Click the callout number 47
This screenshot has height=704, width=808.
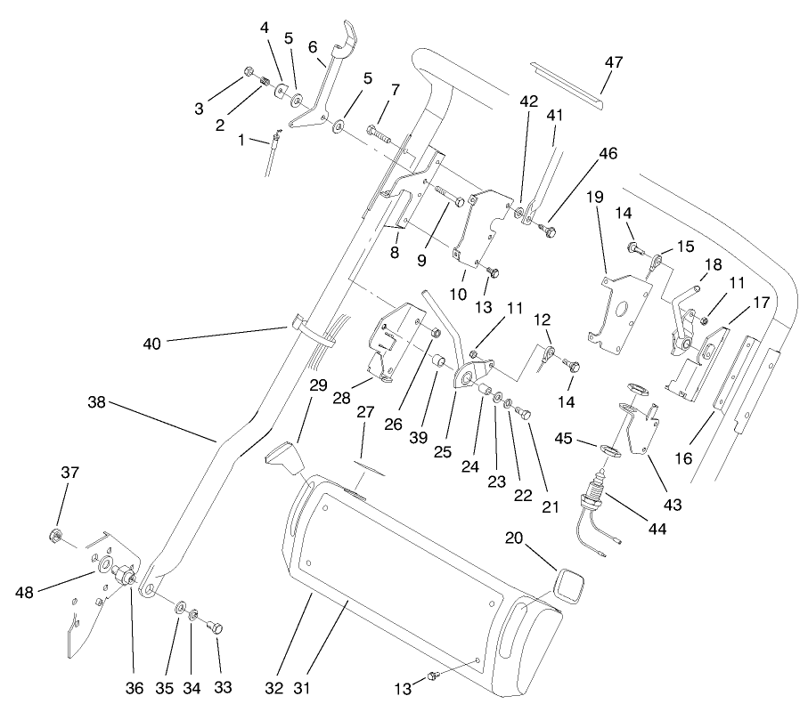click(614, 62)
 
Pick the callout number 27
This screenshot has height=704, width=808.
click(366, 413)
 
